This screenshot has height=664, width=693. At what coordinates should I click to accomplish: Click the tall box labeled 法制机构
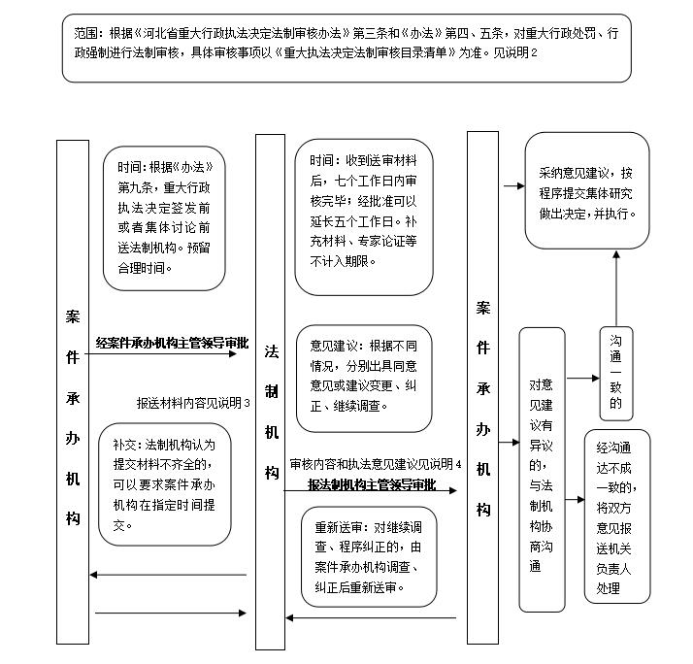tap(270, 391)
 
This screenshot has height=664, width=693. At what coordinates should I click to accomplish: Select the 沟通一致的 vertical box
tap(616, 374)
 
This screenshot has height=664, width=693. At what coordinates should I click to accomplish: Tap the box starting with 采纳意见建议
tap(587, 190)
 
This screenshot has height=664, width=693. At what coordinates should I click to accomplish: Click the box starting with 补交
tap(164, 484)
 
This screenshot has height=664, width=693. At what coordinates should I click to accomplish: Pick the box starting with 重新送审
tap(369, 557)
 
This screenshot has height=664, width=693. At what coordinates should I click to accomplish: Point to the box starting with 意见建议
tap(364, 379)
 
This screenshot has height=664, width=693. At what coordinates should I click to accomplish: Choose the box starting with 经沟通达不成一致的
tap(617, 516)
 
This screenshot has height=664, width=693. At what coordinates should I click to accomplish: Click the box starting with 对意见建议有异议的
tap(542, 470)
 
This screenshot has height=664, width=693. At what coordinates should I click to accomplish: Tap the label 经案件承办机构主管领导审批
tap(173, 343)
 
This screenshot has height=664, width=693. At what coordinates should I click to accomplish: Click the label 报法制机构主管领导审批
tap(372, 484)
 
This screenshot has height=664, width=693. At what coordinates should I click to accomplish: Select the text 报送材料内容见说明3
tap(193, 403)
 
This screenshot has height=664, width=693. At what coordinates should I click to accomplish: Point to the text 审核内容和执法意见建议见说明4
tap(376, 464)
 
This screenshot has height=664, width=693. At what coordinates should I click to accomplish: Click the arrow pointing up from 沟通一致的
tap(616, 288)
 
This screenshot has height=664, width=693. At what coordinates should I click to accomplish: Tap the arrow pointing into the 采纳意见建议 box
tap(514, 186)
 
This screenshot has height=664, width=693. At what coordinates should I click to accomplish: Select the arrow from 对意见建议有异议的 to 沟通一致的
tap(583, 378)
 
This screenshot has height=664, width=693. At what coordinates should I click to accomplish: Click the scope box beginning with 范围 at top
tap(346, 49)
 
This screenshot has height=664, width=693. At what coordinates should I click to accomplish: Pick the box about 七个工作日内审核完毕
tap(364, 217)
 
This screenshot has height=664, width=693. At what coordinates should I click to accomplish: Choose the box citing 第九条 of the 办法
tap(164, 218)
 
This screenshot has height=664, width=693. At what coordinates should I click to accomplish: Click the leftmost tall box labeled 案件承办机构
tap(73, 392)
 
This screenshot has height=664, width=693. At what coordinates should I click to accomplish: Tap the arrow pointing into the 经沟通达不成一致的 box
tap(575, 500)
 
